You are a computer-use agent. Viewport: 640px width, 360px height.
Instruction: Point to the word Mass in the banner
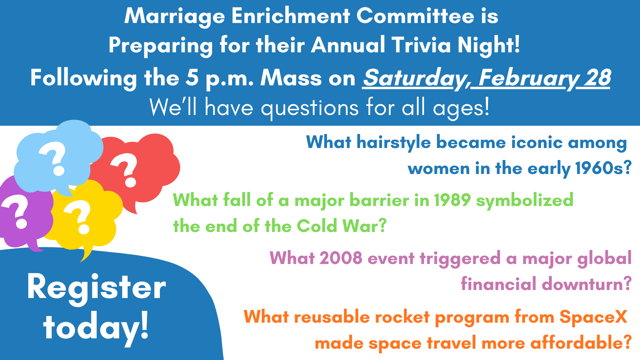pos(291,78)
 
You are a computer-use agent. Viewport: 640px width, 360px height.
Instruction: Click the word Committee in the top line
pos(415,16)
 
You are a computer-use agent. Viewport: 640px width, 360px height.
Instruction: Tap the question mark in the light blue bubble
pos(54,159)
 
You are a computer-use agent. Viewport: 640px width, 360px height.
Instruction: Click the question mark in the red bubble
pos(125,170)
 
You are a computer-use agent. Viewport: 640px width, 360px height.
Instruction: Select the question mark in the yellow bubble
pos(79,217)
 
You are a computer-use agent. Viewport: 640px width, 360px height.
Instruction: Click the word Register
pos(96,288)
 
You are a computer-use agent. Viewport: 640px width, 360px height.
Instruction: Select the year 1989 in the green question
pos(452,200)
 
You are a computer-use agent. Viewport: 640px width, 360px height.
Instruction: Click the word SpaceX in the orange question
pos(594,317)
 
